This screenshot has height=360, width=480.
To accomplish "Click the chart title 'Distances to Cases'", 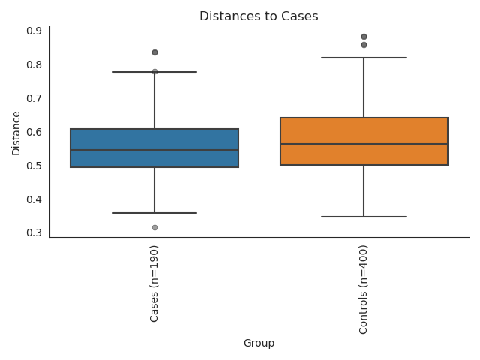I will click(259, 16).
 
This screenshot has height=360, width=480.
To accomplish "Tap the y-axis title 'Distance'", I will click(16, 133).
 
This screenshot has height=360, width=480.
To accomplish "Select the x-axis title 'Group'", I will click(259, 343).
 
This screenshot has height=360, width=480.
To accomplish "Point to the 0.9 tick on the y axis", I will click(34, 31).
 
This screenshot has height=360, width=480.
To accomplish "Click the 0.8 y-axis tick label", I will click(34, 64).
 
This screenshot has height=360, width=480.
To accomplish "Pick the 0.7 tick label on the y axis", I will click(34, 98).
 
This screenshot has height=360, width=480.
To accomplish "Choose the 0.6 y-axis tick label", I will click(34, 132).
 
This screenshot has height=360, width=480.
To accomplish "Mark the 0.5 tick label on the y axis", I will click(34, 166).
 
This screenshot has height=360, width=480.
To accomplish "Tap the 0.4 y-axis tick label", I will click(34, 199).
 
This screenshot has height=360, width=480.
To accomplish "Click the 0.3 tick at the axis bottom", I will click(34, 232).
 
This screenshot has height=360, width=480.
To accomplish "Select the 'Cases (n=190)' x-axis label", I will click(154, 283).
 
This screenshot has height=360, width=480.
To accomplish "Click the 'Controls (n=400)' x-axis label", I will click(364, 289).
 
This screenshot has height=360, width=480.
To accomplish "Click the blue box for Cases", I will click(154, 139).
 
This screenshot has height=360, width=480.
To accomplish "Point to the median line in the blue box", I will click(154, 150).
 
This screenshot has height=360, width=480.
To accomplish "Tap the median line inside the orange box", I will click(364, 144).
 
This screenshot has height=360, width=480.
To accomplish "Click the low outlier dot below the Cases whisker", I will click(154, 227).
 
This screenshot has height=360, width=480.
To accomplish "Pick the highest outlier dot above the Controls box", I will click(364, 37).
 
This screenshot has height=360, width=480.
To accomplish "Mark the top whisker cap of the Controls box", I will click(364, 58).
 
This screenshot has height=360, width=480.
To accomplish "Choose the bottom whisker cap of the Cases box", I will click(154, 213).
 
